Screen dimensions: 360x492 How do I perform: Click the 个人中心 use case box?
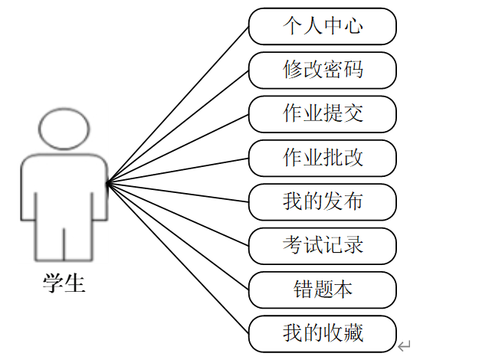323,27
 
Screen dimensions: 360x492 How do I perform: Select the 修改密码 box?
323,70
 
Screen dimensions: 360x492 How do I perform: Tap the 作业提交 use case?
323,114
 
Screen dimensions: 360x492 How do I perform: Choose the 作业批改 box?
323,158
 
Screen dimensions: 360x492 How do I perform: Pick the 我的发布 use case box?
323,201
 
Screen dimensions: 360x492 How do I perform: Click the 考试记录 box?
323,245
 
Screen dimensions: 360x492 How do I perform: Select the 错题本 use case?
323,290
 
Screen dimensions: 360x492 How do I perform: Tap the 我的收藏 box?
323,333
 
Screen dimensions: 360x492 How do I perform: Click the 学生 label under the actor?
64,284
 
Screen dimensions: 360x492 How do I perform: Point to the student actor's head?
64,129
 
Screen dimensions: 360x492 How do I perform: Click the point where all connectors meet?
107,183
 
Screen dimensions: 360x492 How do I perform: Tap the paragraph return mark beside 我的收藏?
405,347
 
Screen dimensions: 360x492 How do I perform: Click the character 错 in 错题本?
302,290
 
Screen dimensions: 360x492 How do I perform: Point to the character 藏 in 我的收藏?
353,333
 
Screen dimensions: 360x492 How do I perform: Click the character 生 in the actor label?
74,284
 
